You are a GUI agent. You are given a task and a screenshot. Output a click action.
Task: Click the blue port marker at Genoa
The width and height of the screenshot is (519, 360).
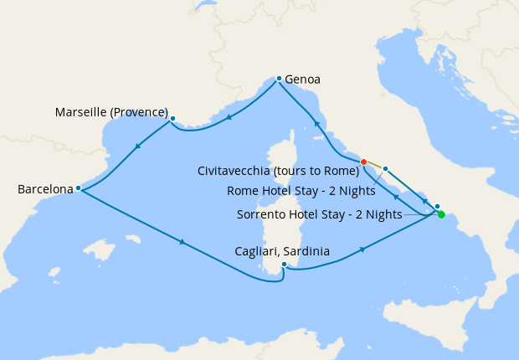point(279,79)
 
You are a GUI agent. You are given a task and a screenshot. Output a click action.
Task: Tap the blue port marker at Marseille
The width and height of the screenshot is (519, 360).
point(172,119)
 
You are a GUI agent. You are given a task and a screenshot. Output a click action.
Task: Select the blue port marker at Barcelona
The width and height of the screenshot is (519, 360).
point(78,188)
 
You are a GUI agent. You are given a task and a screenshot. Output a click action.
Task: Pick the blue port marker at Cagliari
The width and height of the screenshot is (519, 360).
point(285,265)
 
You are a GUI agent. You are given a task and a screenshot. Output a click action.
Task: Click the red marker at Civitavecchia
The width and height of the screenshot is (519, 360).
point(363,162)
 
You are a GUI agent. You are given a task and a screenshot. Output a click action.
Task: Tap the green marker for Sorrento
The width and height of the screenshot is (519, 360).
point(441,214)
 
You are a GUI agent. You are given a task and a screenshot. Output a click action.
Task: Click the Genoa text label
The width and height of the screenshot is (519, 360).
point(303,80)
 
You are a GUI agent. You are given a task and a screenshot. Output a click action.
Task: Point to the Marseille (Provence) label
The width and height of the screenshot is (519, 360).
point(111,112)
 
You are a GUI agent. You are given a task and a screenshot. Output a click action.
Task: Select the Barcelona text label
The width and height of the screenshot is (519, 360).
point(45,190)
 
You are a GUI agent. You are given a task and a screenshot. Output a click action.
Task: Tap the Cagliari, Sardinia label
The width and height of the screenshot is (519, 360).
point(283,251)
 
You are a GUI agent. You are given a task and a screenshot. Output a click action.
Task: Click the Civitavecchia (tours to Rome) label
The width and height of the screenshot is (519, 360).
point(278,171)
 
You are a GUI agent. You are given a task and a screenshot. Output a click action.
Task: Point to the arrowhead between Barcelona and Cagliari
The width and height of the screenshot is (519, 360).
point(182,244)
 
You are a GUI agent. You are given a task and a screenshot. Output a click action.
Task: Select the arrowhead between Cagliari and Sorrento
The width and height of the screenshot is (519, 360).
point(362,249)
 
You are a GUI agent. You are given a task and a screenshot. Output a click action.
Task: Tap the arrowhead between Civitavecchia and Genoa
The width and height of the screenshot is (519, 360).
point(317,124)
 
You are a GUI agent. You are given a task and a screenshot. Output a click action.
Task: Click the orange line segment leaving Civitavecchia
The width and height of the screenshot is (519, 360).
point(374,165)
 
